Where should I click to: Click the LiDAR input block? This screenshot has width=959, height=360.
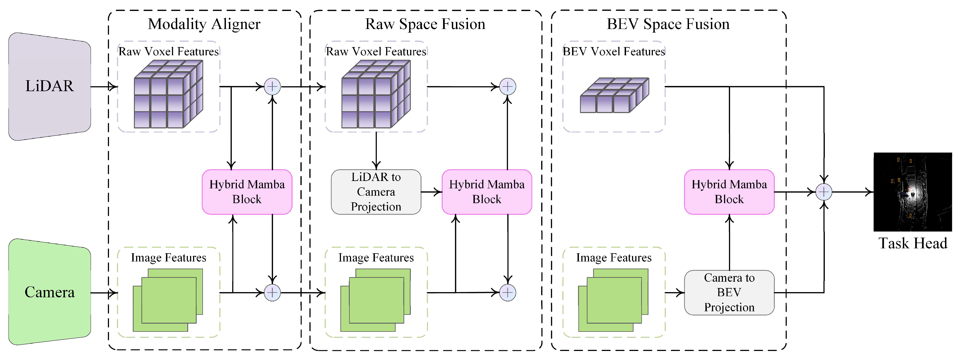50,86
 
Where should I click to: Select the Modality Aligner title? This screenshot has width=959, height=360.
204,24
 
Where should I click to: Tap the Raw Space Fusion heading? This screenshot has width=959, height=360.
425,24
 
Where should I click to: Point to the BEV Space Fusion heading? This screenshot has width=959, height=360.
668,24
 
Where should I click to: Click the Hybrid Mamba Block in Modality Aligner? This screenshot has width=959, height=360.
247,192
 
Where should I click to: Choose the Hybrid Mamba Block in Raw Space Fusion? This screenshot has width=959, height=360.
487,192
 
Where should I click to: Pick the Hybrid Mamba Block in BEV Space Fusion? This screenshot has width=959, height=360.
729,192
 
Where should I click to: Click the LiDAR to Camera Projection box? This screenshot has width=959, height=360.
376,192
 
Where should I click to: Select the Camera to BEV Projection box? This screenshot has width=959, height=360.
729,293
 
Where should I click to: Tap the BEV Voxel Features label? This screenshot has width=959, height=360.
613,51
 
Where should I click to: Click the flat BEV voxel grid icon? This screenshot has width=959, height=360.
614,95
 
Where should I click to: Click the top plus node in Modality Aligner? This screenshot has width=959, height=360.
272,87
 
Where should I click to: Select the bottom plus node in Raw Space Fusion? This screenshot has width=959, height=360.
508,293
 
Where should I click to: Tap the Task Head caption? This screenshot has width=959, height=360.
913,243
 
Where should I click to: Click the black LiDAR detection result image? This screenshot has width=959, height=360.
912,192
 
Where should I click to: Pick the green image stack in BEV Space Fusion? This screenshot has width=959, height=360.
613,300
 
